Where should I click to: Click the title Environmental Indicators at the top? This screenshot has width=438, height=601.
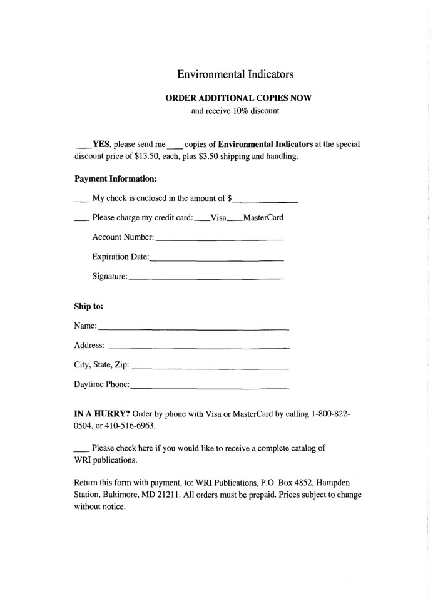235,74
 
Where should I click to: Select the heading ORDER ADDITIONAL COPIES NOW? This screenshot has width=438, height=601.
235,98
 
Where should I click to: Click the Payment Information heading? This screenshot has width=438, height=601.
115,178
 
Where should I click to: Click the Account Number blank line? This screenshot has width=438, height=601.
219,240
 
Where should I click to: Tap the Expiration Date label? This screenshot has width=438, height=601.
120,257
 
